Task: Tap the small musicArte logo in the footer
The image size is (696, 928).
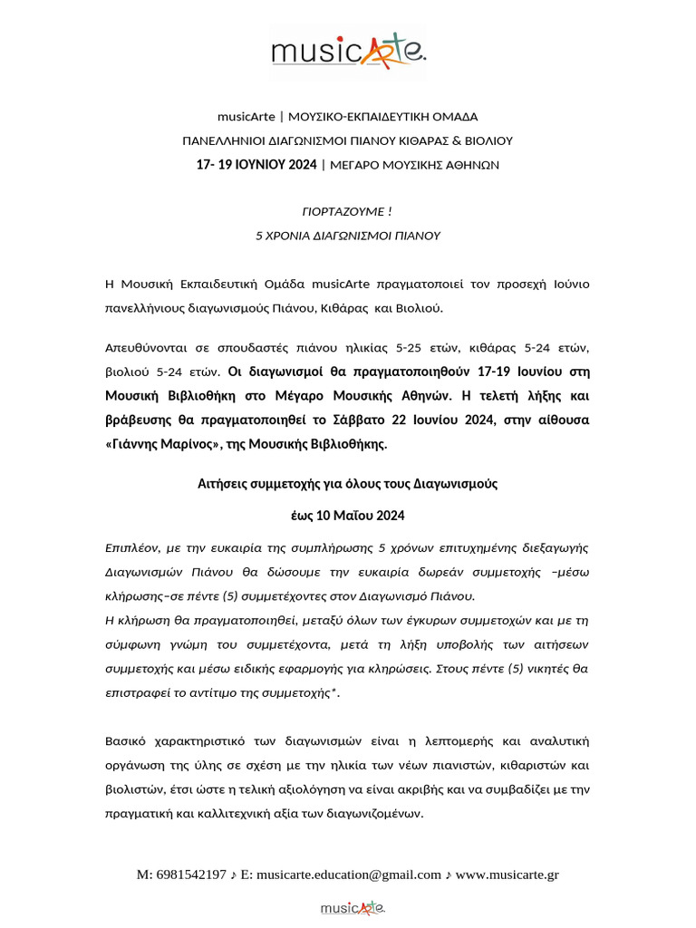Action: [x=353, y=907]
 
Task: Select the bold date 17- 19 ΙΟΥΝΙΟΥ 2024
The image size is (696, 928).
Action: [x=256, y=165]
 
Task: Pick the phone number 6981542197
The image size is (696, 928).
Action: [x=191, y=875]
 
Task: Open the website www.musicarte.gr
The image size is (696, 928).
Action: [x=507, y=875]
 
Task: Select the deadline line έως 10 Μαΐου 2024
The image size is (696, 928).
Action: [x=347, y=516]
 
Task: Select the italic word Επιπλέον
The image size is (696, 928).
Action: [x=132, y=548]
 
